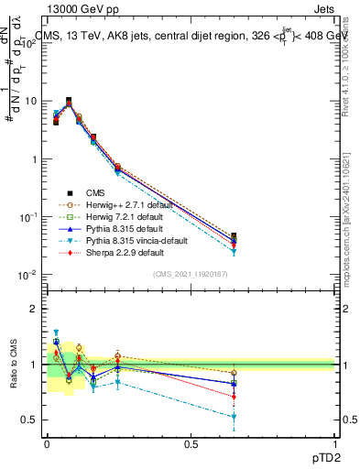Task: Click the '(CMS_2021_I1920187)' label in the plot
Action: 190,274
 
